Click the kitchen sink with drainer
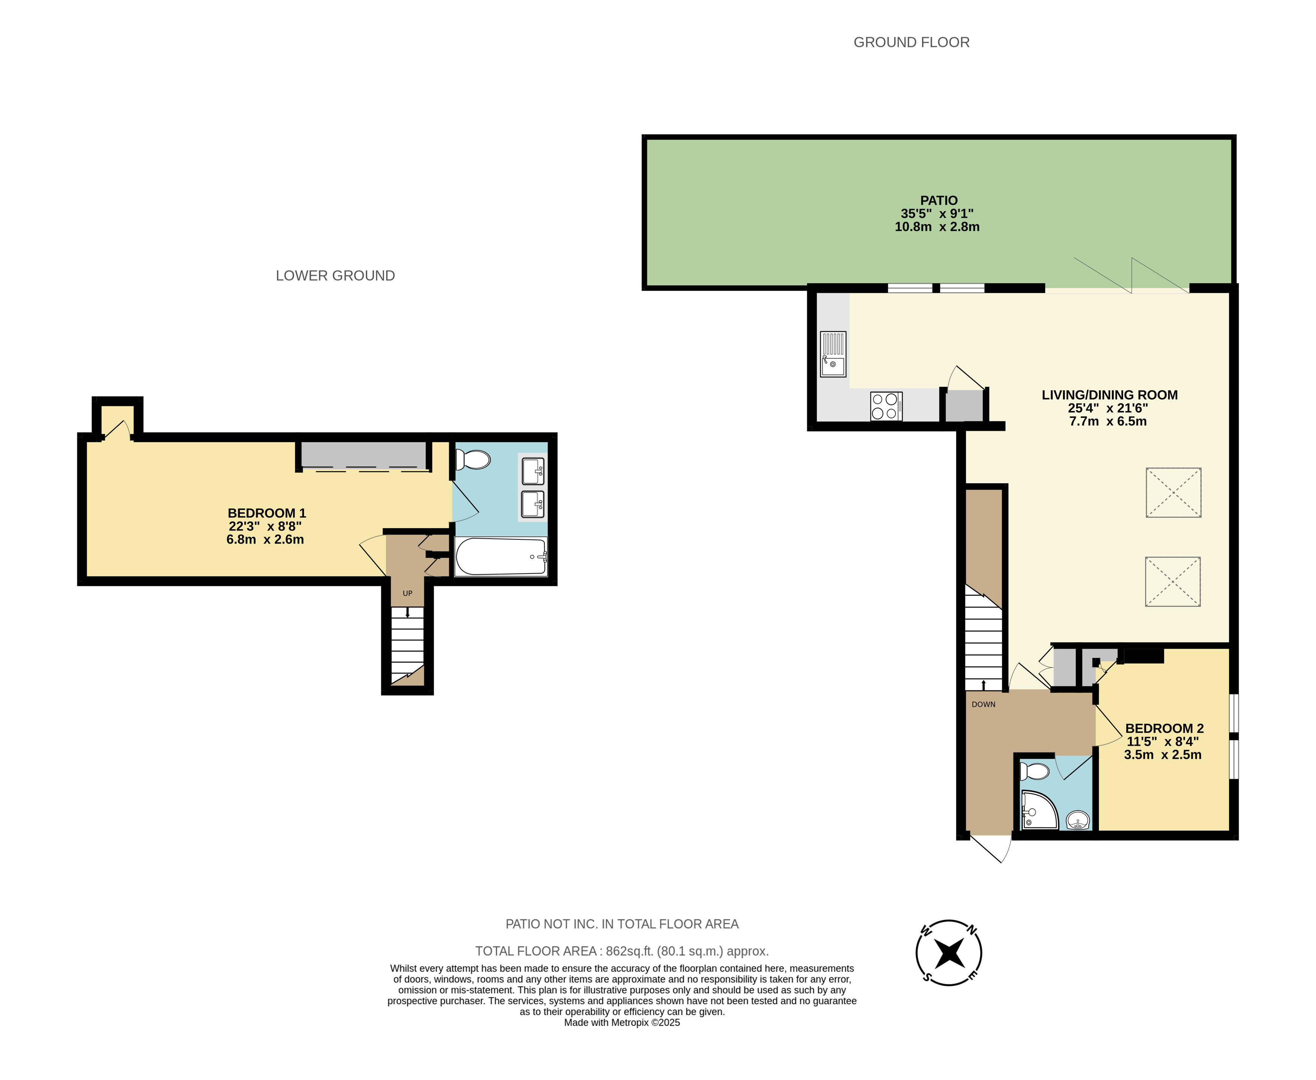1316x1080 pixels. (833, 354)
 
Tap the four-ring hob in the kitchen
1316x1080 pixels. (886, 406)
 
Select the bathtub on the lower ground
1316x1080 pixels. (501, 556)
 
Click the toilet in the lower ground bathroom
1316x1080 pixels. (473, 460)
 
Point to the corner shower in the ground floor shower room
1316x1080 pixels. (1039, 810)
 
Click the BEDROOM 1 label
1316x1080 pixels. (266, 513)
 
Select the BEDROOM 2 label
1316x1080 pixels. (1164, 729)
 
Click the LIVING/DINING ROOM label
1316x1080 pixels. (1109, 395)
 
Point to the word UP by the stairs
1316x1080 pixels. (408, 593)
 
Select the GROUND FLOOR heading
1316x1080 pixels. (911, 42)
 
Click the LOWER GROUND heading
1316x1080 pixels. (335, 276)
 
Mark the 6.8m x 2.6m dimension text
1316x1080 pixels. (265, 539)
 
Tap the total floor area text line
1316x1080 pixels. (622, 951)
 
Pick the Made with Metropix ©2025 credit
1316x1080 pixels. (622, 1023)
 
